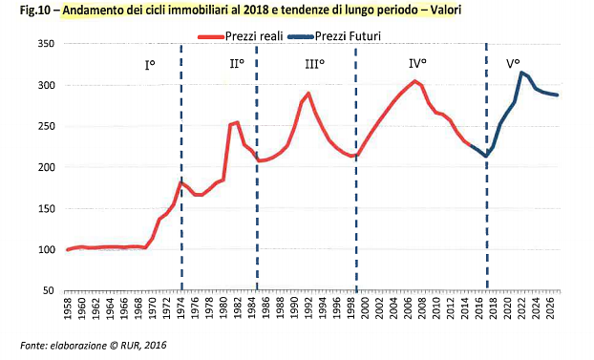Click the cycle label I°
[151, 66]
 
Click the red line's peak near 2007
[414, 81]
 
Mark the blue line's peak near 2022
[520, 73]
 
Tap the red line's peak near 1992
[308, 94]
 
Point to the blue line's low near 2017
[486, 157]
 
